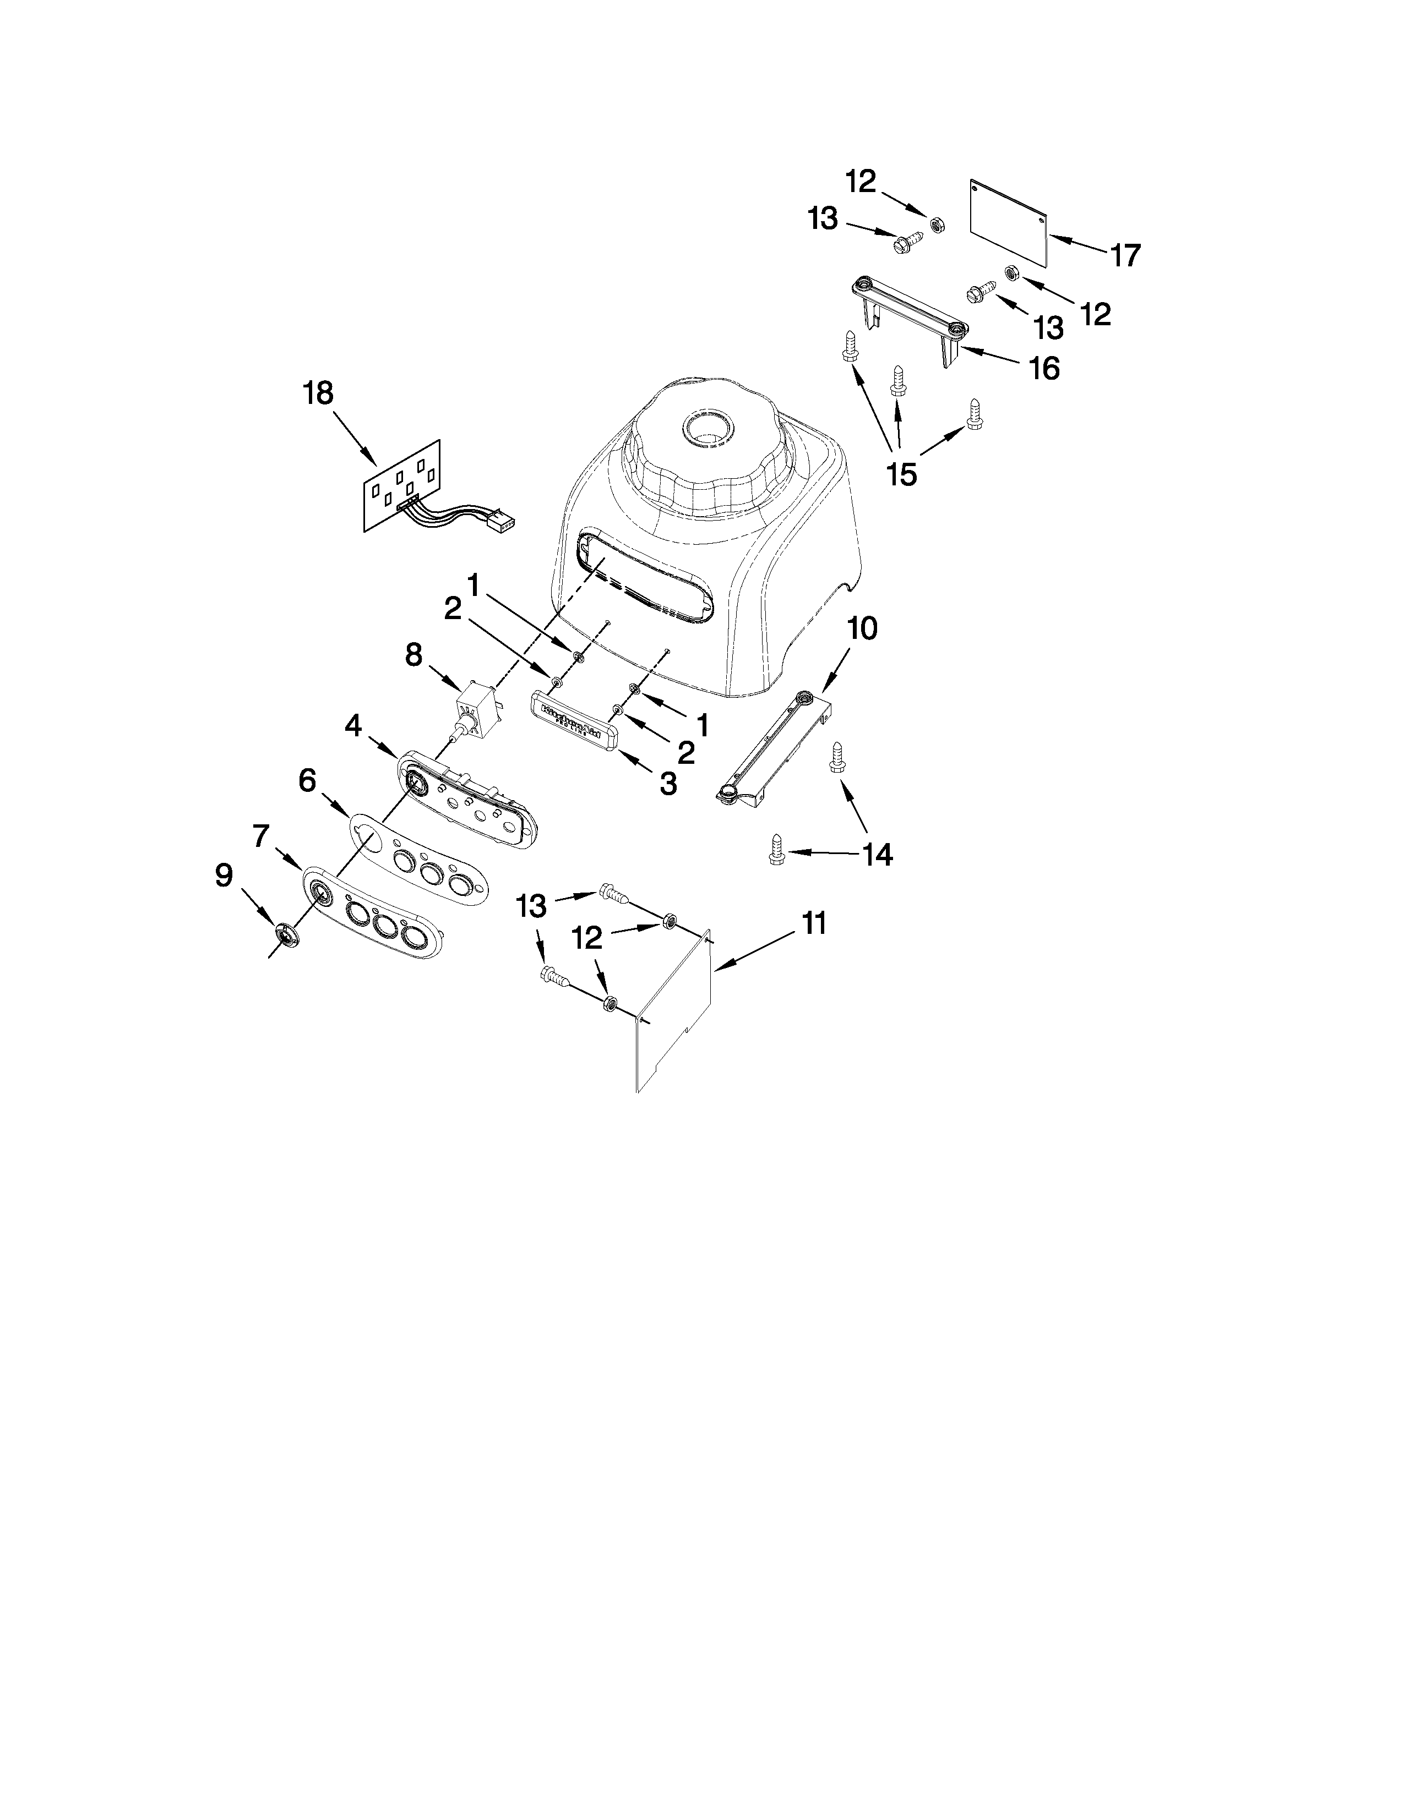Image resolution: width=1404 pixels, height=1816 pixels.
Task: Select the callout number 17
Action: pyautogui.click(x=1125, y=255)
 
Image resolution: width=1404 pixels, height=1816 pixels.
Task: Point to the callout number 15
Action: pyautogui.click(x=902, y=474)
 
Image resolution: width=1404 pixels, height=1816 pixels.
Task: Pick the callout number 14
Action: pyautogui.click(x=878, y=854)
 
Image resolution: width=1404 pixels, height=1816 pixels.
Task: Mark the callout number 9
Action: pyautogui.click(x=224, y=875)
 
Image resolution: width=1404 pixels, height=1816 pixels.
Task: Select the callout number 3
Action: pyautogui.click(x=668, y=783)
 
